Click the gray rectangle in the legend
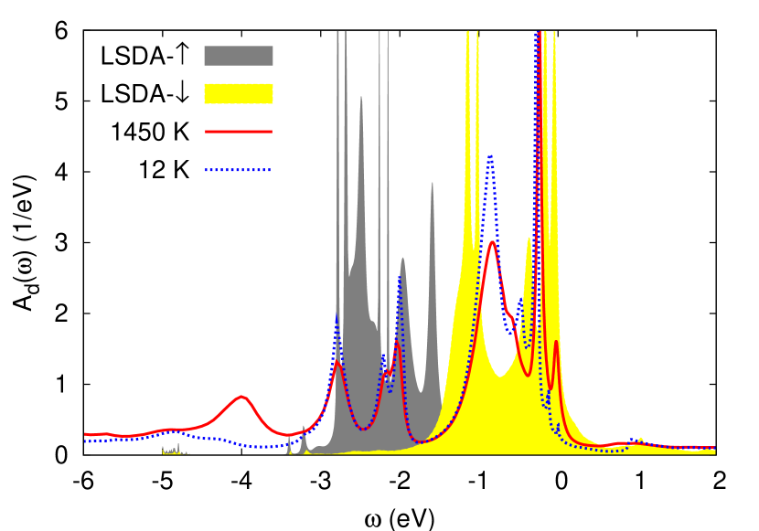pyautogui.click(x=238, y=56)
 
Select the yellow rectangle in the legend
pyautogui.click(x=238, y=93)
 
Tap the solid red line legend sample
pyautogui.click(x=238, y=132)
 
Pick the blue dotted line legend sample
pyautogui.click(x=238, y=169)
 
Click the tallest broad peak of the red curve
pyautogui.click(x=492, y=242)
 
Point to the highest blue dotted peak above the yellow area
pyautogui.click(x=491, y=157)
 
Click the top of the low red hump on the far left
pyautogui.click(x=241, y=397)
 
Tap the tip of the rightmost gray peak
pyautogui.click(x=433, y=184)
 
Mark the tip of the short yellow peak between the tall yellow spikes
pyautogui.click(x=529, y=239)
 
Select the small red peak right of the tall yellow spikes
pyautogui.click(x=556, y=343)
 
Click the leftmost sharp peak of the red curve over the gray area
pyautogui.click(x=337, y=362)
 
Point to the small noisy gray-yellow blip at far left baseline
pyautogui.click(x=174, y=450)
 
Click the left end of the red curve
pyautogui.click(x=85, y=434)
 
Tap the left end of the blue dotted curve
pyautogui.click(x=85, y=441)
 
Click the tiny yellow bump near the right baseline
pyautogui.click(x=640, y=439)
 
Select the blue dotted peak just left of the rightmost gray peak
pyautogui.click(x=400, y=277)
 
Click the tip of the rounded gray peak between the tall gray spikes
pyautogui.click(x=361, y=97)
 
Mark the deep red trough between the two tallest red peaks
pyautogui.click(x=528, y=375)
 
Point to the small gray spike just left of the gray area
pyautogui.click(x=304, y=427)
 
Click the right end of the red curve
pyautogui.click(x=714, y=448)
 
